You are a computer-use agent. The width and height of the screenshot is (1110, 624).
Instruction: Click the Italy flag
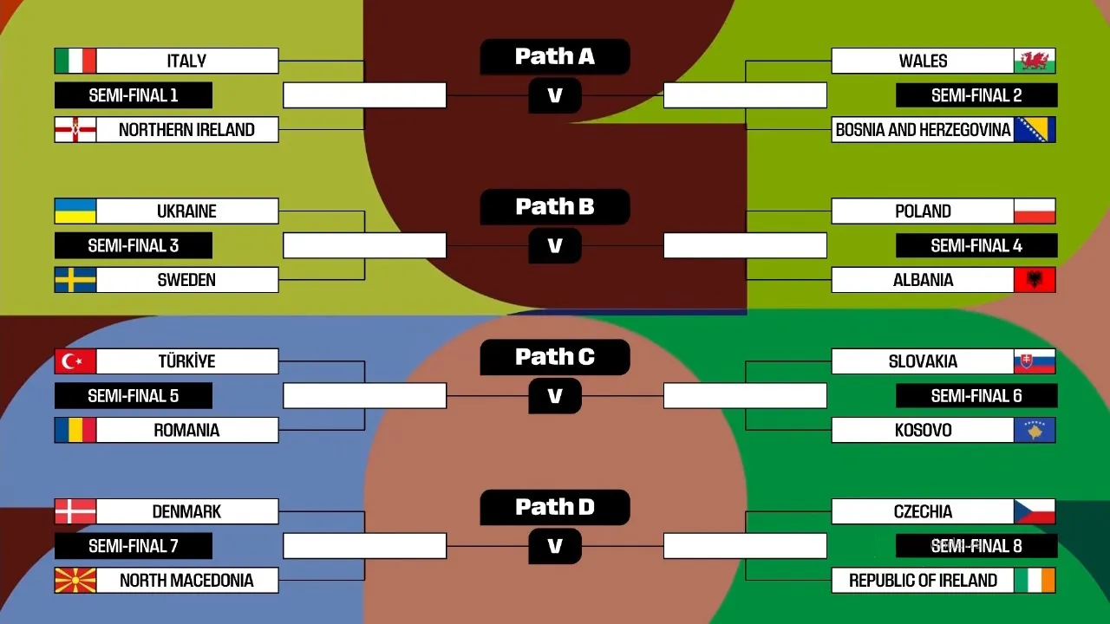75,61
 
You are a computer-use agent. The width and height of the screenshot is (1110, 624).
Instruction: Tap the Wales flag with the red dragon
1035,61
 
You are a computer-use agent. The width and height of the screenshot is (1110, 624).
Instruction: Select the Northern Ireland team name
186,130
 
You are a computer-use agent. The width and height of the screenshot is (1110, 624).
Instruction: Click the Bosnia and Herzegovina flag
1035,130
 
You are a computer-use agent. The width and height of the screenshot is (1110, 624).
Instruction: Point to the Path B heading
555,207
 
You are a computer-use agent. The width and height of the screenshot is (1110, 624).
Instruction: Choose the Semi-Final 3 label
134,245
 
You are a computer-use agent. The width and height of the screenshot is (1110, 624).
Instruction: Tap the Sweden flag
75,280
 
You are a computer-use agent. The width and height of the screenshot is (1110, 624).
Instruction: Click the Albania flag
1035,280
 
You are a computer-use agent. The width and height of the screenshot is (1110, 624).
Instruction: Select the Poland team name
923,211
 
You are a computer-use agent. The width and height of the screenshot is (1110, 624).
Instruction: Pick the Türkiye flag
75,361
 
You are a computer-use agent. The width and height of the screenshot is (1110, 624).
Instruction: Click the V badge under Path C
555,396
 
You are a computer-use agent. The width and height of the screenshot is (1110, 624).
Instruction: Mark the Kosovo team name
923,430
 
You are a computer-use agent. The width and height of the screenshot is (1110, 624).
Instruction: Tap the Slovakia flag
1035,361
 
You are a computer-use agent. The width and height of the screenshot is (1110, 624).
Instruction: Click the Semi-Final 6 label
976,396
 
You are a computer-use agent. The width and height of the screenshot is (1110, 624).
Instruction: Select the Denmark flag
75,511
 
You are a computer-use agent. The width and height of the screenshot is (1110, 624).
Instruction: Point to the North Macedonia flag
75,581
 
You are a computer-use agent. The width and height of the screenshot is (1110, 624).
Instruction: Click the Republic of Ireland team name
923,581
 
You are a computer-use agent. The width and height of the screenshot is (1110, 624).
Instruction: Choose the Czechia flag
1035,511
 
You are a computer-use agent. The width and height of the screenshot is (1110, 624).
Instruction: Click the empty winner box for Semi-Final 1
365,95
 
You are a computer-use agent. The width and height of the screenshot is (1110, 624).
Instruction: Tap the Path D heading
555,507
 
